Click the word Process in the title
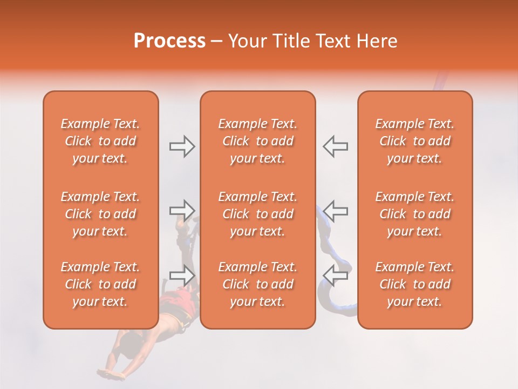(169, 41)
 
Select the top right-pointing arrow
(182, 146)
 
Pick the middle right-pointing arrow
(182, 210)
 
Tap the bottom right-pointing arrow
(182, 275)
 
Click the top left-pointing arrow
(335, 146)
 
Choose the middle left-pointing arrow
(335, 210)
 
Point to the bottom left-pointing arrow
(335, 275)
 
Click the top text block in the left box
(100, 141)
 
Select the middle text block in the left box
(100, 214)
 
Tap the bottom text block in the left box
(100, 284)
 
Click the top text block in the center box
(258, 141)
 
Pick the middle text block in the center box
(258, 214)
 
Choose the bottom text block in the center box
(258, 284)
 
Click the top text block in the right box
(415, 141)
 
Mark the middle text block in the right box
(415, 214)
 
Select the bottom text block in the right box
(415, 284)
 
